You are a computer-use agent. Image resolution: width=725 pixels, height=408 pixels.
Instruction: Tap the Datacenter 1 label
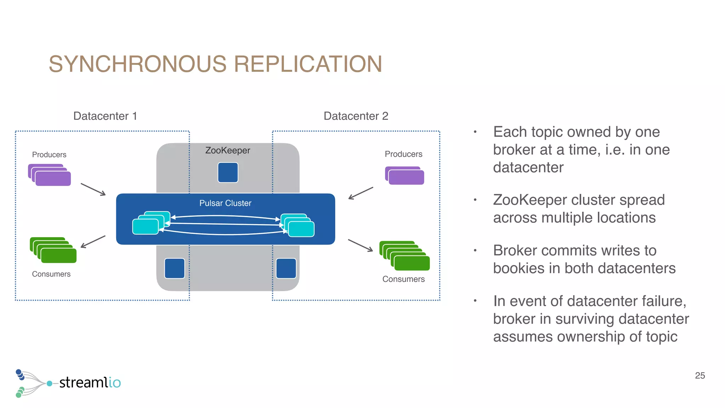pyautogui.click(x=105, y=116)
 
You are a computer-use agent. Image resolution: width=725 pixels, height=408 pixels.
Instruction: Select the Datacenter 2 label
pyautogui.click(x=356, y=116)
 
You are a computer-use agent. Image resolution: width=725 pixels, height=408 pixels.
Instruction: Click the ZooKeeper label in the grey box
pyautogui.click(x=228, y=151)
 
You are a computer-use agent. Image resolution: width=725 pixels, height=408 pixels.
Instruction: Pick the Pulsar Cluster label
pyautogui.click(x=225, y=203)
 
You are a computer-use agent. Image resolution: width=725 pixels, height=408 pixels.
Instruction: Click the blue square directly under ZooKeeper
pyautogui.click(x=228, y=172)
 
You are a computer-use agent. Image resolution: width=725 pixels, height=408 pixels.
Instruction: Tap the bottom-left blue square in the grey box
pyautogui.click(x=175, y=268)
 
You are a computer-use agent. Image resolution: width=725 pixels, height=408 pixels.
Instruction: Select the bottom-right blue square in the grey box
pyautogui.click(x=286, y=268)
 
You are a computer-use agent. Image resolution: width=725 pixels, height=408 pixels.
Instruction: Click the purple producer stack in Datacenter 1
pyautogui.click(x=50, y=175)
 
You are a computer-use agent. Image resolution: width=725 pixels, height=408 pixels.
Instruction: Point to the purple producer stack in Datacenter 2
pyautogui.click(x=405, y=176)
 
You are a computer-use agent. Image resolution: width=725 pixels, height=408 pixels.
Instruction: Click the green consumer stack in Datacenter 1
pyautogui.click(x=53, y=250)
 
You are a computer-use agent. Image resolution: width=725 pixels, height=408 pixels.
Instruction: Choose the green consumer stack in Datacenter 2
pyautogui.click(x=405, y=256)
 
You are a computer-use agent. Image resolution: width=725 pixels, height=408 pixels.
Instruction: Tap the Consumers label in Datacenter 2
pyautogui.click(x=403, y=279)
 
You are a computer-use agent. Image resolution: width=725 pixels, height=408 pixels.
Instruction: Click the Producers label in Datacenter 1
pyautogui.click(x=49, y=155)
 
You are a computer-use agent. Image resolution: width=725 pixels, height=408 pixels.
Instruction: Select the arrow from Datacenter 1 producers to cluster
pyautogui.click(x=93, y=189)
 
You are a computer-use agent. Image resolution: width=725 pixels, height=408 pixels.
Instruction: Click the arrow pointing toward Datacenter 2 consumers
pyautogui.click(x=360, y=245)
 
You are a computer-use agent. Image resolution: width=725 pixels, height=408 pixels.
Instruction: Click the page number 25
pyautogui.click(x=700, y=375)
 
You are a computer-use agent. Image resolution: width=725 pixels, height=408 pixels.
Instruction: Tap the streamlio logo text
pyautogui.click(x=90, y=382)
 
